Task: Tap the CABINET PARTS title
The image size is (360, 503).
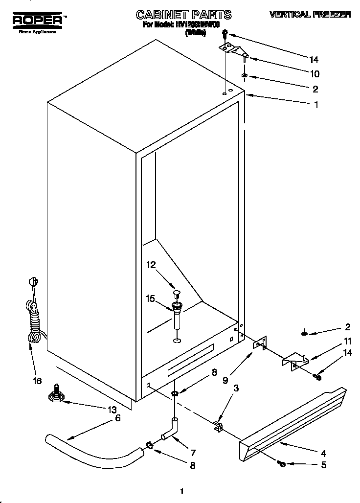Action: pyautogui.click(x=177, y=14)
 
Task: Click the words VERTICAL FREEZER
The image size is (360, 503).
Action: pyautogui.click(x=310, y=15)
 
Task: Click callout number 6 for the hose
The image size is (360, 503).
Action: pyautogui.click(x=118, y=418)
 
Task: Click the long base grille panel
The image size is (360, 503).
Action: pyautogui.click(x=293, y=421)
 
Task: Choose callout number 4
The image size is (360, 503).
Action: pyautogui.click(x=323, y=453)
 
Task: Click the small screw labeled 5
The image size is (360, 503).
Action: pyautogui.click(x=282, y=462)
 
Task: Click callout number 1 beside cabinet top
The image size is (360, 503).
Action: pyautogui.click(x=316, y=104)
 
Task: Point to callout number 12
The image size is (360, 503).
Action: pyautogui.click(x=152, y=265)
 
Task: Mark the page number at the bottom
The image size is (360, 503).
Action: pyautogui.click(x=181, y=491)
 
